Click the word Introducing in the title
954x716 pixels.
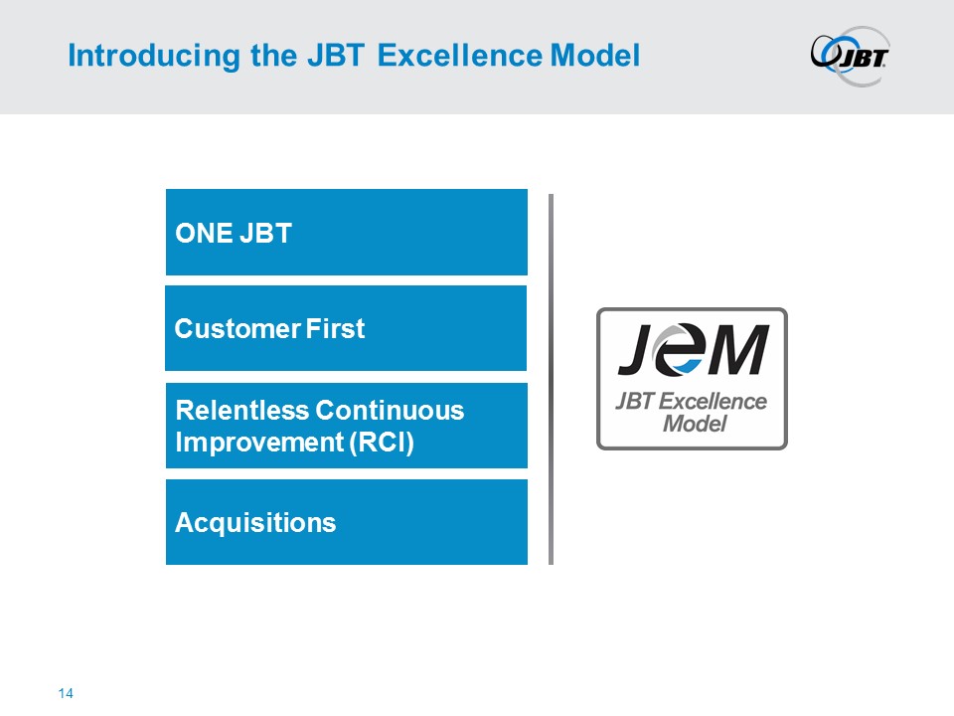point(154,56)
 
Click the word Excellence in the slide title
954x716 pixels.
point(460,56)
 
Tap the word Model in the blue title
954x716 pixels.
point(595,56)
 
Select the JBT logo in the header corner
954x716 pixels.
point(850,56)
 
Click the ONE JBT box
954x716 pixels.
point(346,232)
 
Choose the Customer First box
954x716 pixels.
point(346,328)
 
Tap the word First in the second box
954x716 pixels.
point(335,329)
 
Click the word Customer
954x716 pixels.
point(238,329)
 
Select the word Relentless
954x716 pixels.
point(241,411)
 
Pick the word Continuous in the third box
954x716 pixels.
point(390,411)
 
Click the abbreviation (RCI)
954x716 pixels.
point(382,443)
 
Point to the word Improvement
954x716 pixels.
point(259,443)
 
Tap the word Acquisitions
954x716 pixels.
point(255,523)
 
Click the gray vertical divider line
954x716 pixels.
point(551,379)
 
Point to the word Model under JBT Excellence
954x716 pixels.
point(695,424)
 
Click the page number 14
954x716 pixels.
point(66,693)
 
